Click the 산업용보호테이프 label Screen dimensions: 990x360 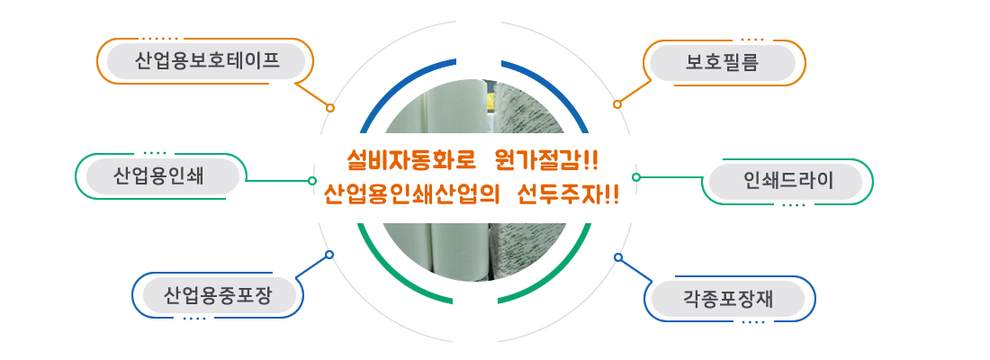pos(206,61)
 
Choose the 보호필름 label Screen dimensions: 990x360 pos(723,62)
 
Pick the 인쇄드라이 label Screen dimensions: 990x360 pos(786,182)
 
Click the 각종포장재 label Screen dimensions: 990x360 pos(727,299)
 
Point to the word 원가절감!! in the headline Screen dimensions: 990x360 pos(547,161)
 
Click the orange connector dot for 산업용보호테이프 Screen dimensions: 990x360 pos(329,108)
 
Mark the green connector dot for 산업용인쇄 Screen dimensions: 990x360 pos(312,181)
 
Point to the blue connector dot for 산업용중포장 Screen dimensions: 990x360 pos(328,255)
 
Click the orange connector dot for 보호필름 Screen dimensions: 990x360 pos(616,104)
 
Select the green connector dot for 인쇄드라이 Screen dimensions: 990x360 pos(635,177)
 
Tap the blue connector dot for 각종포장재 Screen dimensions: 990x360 pos(618,257)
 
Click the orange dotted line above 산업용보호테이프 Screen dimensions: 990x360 pos(159,40)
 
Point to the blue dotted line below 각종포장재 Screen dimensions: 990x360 pos(754,322)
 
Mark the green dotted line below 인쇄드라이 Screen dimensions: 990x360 pos(794,205)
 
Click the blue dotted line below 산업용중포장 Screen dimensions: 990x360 pos(194,319)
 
